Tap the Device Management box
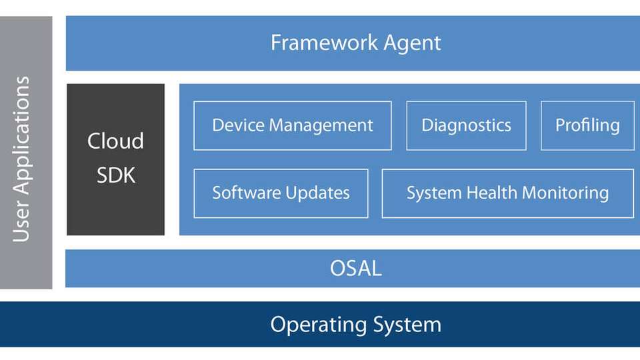point(293,126)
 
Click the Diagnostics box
point(466,126)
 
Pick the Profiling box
point(587,126)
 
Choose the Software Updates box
point(281,193)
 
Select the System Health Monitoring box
point(508,193)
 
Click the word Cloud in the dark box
point(115,141)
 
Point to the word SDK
point(116,175)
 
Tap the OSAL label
point(356,268)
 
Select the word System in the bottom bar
point(407,325)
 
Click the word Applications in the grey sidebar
point(21,135)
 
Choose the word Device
point(238,125)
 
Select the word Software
point(247,193)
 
